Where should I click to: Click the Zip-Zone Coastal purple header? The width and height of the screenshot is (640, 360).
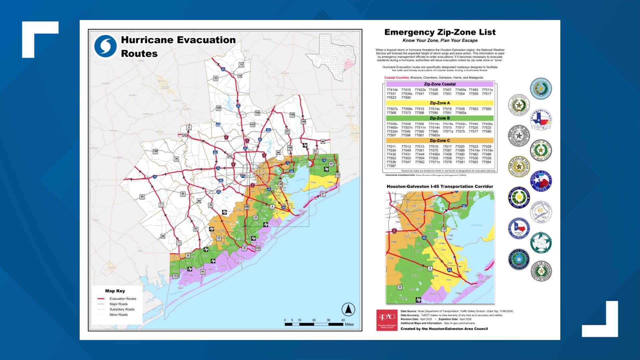439,84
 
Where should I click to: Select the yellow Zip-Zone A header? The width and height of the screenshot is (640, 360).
439,103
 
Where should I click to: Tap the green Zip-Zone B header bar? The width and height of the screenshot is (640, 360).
439,118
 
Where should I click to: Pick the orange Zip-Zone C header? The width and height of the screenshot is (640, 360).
439,141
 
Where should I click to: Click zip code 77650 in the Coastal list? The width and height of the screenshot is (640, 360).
406,98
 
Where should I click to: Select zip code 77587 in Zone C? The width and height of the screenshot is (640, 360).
391,166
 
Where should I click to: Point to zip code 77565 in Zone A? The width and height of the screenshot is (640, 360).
486,109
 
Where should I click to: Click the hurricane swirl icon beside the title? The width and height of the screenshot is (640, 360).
105,46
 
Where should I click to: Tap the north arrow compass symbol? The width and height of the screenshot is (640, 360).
348,310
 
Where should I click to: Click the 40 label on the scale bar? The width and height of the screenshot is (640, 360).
343,320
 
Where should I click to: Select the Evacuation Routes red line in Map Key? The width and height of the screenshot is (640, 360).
101,299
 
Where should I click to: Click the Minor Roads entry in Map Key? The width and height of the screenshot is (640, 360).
118,315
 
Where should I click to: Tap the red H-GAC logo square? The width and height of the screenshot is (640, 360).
387,320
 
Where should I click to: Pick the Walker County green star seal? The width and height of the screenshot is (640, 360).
541,243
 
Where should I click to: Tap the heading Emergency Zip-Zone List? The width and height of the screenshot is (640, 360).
440,32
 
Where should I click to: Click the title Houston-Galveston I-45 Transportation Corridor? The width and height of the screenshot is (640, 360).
440,187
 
